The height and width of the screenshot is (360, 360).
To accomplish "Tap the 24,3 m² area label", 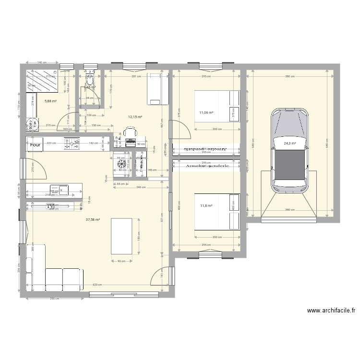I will click(x=290, y=143).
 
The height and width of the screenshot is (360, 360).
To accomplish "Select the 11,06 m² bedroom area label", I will click(x=206, y=113).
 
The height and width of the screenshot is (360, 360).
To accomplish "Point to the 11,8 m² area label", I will click(x=206, y=206).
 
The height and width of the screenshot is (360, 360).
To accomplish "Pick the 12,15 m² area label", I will click(x=135, y=117).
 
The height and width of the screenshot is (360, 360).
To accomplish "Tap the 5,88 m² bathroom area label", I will click(x=51, y=101).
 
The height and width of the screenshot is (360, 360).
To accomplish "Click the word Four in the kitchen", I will click(x=35, y=144).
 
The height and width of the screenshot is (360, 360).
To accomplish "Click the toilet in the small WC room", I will click(x=90, y=76).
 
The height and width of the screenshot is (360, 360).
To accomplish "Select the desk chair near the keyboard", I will click(x=130, y=132).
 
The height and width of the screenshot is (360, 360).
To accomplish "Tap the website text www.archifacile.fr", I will click(x=331, y=311).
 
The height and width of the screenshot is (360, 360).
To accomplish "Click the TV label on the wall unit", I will click(x=50, y=206).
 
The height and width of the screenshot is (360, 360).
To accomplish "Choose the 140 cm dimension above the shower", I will click(x=41, y=63).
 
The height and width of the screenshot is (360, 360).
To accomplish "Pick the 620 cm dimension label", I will click(x=97, y=285).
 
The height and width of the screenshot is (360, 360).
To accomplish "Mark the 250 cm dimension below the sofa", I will click(x=54, y=298).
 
